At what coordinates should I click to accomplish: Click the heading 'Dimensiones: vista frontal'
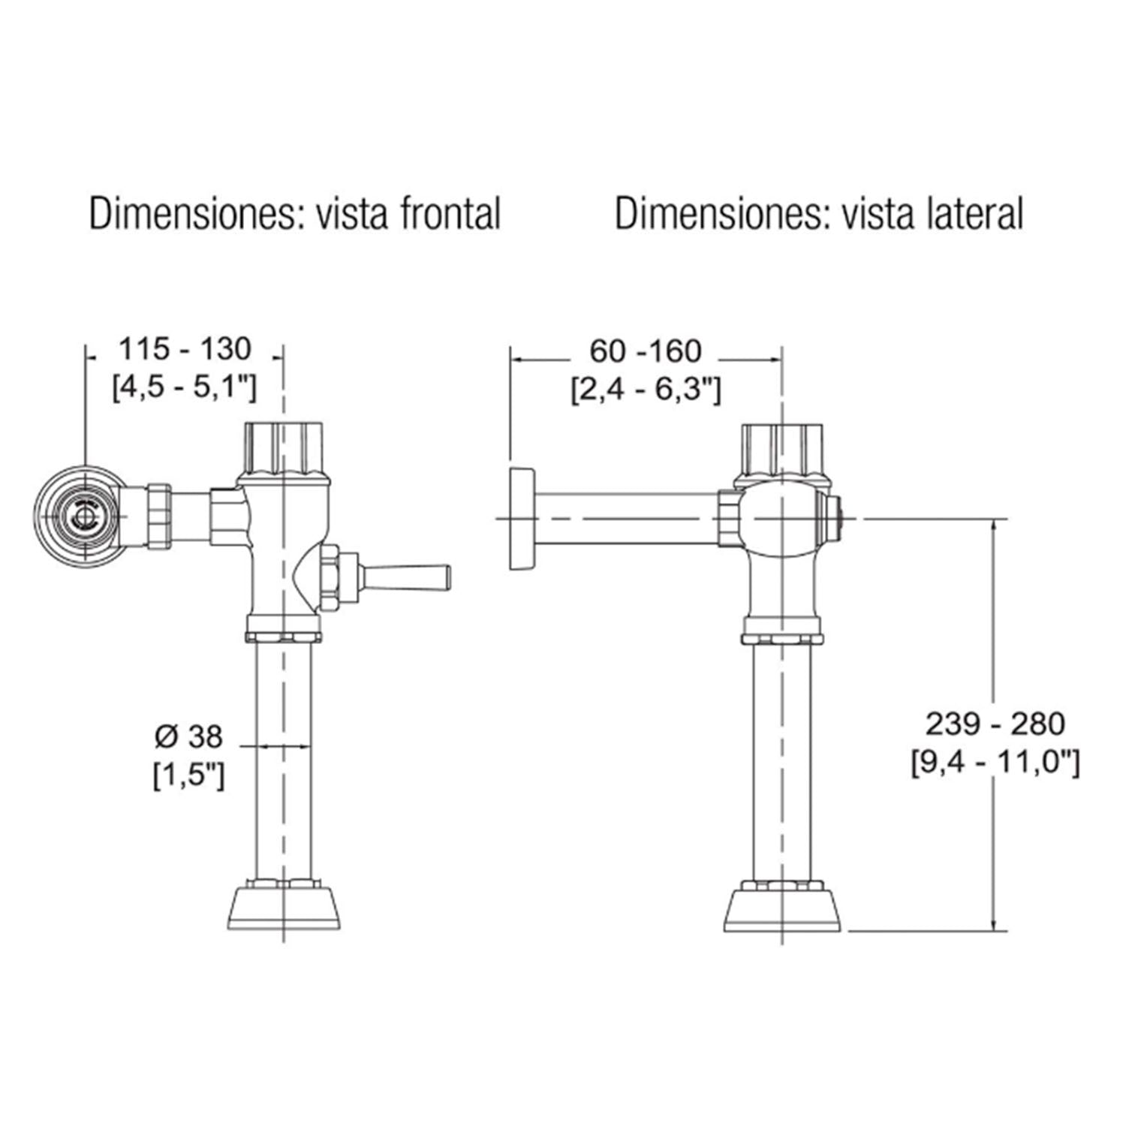[x=295, y=214]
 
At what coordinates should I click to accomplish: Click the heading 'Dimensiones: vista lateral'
[x=819, y=214]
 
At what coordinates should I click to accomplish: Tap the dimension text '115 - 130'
[x=185, y=349]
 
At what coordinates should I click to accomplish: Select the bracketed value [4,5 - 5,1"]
[x=185, y=388]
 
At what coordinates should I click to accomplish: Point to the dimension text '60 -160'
[x=646, y=351]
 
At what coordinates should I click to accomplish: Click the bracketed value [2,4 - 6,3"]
[x=646, y=390]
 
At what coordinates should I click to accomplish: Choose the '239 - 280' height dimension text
[x=995, y=724]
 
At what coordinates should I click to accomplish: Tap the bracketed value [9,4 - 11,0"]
[x=995, y=763]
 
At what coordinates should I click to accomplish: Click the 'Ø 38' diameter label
[x=188, y=737]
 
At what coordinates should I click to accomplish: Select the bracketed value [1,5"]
[x=188, y=776]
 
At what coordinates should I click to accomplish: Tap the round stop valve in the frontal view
[x=80, y=516]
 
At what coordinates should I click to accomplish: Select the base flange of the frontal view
[x=284, y=910]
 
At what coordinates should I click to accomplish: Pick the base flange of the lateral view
[x=782, y=911]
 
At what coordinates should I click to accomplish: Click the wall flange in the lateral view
[x=521, y=518]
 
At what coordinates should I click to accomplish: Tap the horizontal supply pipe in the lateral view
[x=626, y=518]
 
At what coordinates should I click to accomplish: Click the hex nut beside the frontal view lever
[x=328, y=579]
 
